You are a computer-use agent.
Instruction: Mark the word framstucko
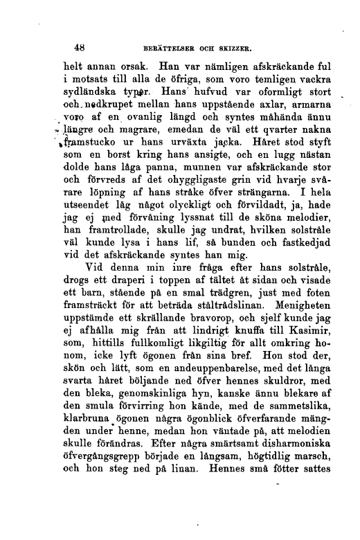89,145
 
